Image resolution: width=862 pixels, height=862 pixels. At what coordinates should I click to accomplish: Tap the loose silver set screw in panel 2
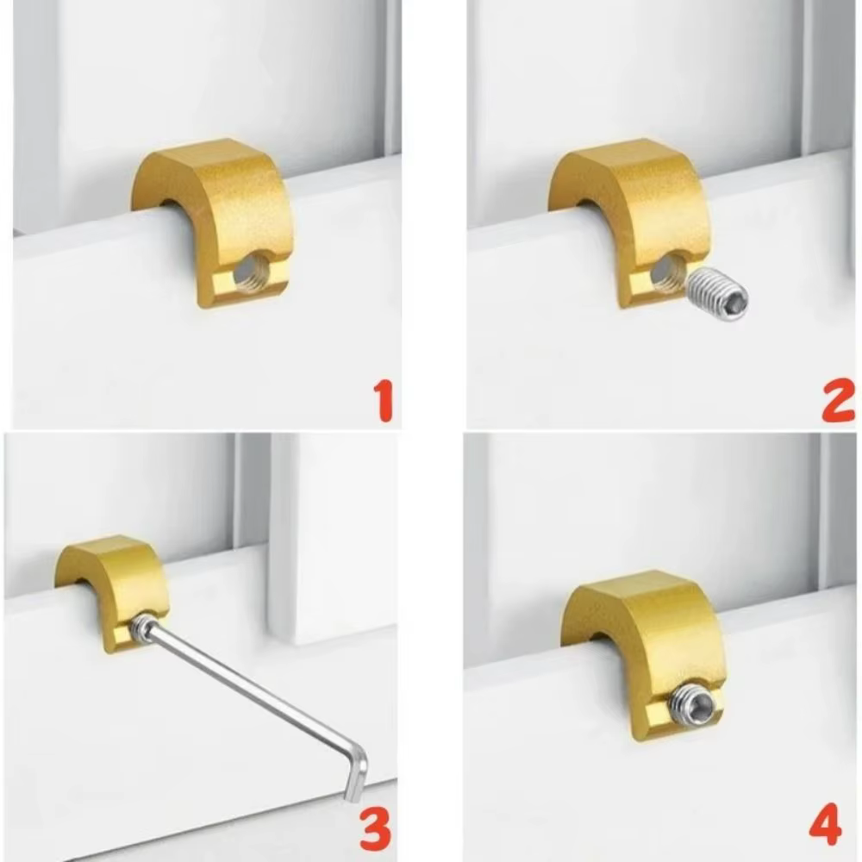coord(718,295)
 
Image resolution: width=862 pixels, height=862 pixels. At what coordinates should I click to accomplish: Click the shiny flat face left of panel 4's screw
coord(658,714)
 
